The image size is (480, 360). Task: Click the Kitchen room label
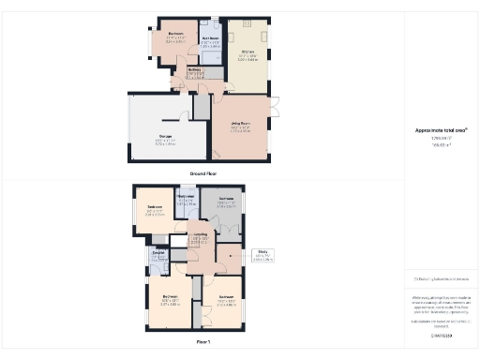[248, 51]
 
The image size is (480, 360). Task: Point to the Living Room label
[241, 123]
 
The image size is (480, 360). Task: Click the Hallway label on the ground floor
[194, 69]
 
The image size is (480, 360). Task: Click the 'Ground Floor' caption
[205, 173]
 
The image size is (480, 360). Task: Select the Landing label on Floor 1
[199, 234]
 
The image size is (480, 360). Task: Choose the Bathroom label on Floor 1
[186, 197]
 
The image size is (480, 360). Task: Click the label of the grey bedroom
[226, 199]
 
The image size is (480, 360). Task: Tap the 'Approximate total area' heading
[441, 130]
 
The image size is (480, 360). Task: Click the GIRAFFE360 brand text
[441, 335]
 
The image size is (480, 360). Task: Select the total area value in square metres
[441, 145]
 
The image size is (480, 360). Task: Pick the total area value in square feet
[441, 139]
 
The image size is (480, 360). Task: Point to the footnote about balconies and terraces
[441, 278]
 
